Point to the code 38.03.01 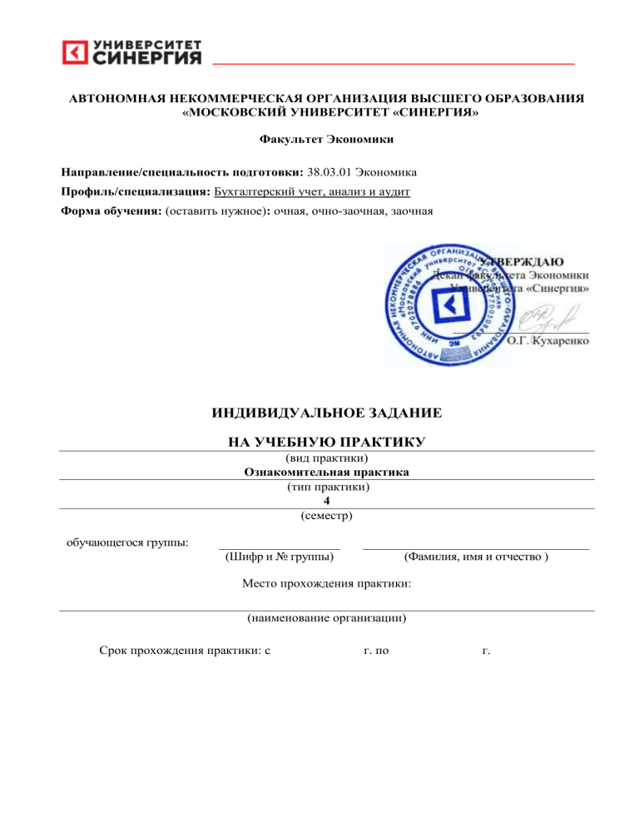[x=328, y=172]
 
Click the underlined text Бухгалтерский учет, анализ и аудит [x=312, y=191]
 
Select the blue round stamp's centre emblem [x=450, y=307]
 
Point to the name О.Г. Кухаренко [x=548, y=342]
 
